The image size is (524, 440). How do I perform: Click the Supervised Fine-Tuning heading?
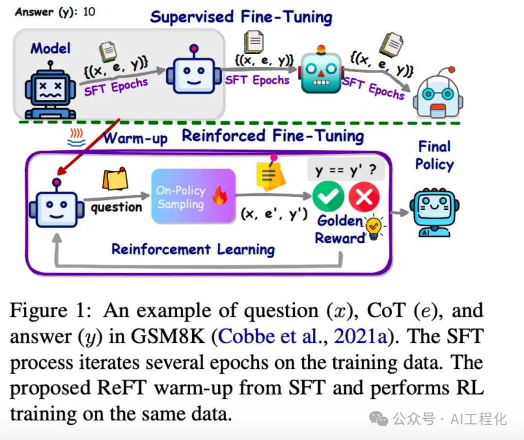point(241,17)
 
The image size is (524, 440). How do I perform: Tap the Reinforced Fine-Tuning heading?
point(273,136)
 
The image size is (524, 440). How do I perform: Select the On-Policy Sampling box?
point(194,196)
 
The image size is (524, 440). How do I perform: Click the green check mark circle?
point(328,197)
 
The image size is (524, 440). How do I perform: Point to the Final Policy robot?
point(434,212)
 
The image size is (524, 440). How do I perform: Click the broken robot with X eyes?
point(50,90)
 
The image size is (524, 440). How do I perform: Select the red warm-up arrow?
point(89,146)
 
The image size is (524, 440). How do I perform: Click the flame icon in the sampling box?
point(220,196)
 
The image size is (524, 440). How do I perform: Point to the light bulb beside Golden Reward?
point(374,227)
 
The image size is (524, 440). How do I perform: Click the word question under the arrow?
point(116,207)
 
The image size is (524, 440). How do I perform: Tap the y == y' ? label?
point(345,170)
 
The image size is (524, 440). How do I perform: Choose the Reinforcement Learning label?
point(193,250)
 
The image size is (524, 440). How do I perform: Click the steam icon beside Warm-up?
point(76,139)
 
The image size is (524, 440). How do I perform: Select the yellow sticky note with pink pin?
point(270,173)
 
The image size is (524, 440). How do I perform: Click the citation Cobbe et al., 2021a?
point(302,336)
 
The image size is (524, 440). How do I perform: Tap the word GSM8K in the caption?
point(168,336)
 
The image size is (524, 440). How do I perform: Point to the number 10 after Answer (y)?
point(89,12)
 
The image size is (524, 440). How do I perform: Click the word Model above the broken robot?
point(50,48)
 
